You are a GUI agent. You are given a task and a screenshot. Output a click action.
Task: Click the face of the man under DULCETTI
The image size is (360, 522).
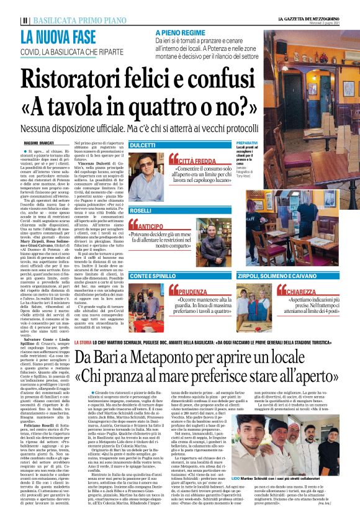tap(146, 164)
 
